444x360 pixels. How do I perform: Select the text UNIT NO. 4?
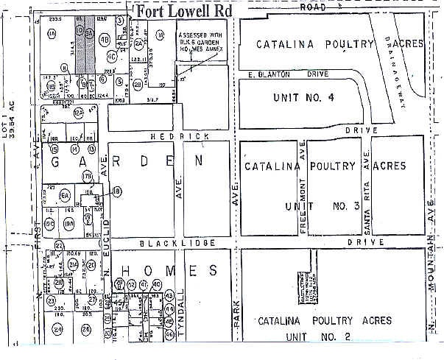pos(303,97)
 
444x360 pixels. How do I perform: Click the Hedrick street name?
pos(170,136)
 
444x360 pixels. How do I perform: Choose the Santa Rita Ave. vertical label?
pos(365,191)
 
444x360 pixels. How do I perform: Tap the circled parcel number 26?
pos(85,329)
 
